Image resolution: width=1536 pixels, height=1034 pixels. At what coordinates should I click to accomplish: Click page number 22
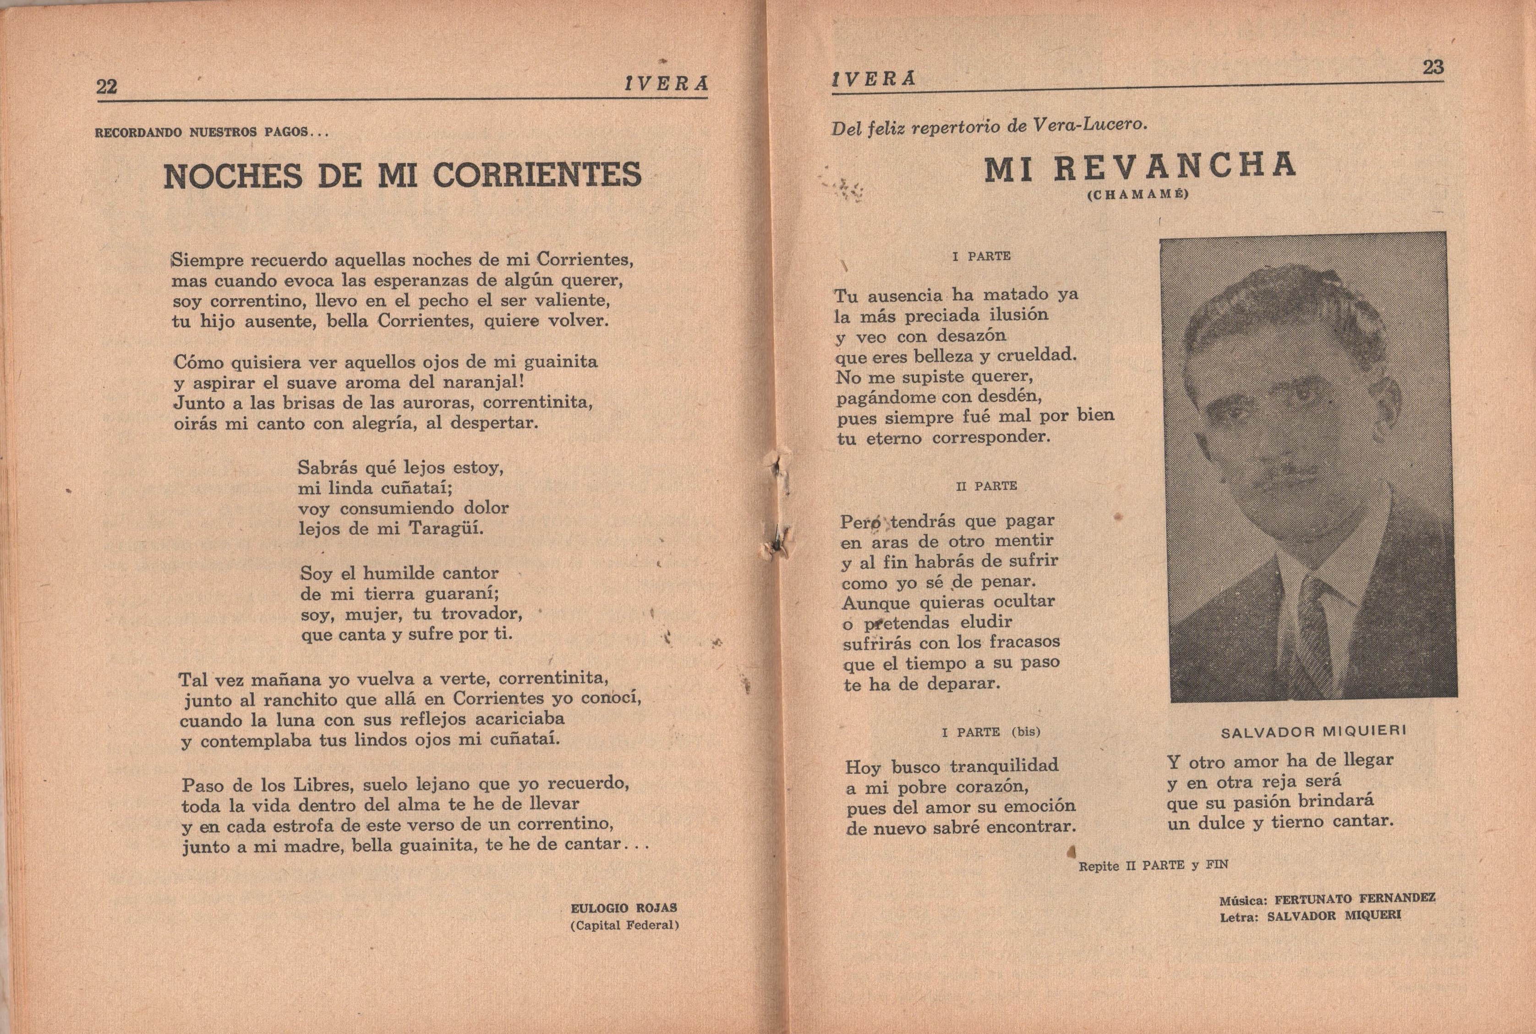pyautogui.click(x=107, y=87)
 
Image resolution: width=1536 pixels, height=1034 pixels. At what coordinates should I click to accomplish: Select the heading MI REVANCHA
pyautogui.click(x=1140, y=168)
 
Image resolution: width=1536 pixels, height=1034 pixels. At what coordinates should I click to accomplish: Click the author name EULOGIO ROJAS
pyautogui.click(x=623, y=908)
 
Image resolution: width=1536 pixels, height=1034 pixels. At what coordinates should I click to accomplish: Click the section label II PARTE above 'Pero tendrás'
pyautogui.click(x=986, y=486)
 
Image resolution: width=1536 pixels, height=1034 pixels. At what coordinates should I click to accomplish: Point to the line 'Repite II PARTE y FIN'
pyautogui.click(x=1153, y=865)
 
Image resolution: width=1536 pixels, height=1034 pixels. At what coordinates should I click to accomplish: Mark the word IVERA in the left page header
pyautogui.click(x=666, y=84)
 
